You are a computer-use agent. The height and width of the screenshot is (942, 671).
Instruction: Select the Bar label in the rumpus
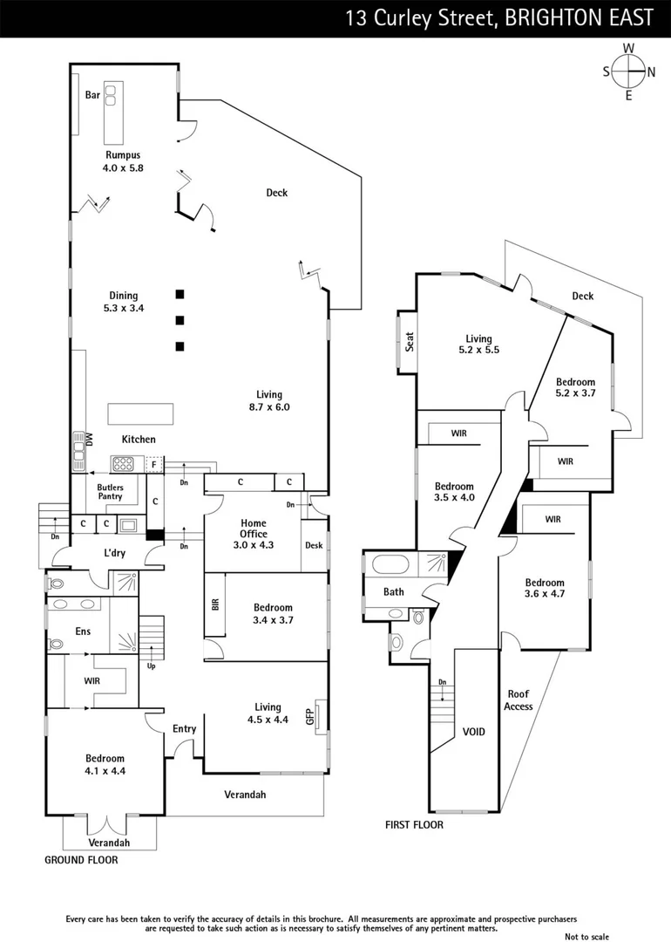click(x=92, y=96)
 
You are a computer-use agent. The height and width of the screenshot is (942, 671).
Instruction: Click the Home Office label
click(x=254, y=528)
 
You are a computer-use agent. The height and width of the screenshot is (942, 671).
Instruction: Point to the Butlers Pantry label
click(x=110, y=492)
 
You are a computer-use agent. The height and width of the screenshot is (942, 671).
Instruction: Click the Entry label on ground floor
click(x=184, y=729)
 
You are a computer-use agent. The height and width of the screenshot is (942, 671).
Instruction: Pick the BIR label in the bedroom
click(x=214, y=604)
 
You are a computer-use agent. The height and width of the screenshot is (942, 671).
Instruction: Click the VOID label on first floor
click(x=473, y=732)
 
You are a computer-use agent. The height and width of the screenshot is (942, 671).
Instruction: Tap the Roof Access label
click(x=518, y=700)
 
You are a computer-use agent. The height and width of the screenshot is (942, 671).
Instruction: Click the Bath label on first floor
click(x=394, y=591)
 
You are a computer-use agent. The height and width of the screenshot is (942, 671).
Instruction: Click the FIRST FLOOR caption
click(x=414, y=824)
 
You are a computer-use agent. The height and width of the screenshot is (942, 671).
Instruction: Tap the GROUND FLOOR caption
click(x=81, y=859)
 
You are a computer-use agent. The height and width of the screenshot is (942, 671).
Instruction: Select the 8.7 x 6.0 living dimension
click(x=268, y=406)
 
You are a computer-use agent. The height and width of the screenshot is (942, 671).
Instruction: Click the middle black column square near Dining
click(x=180, y=320)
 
